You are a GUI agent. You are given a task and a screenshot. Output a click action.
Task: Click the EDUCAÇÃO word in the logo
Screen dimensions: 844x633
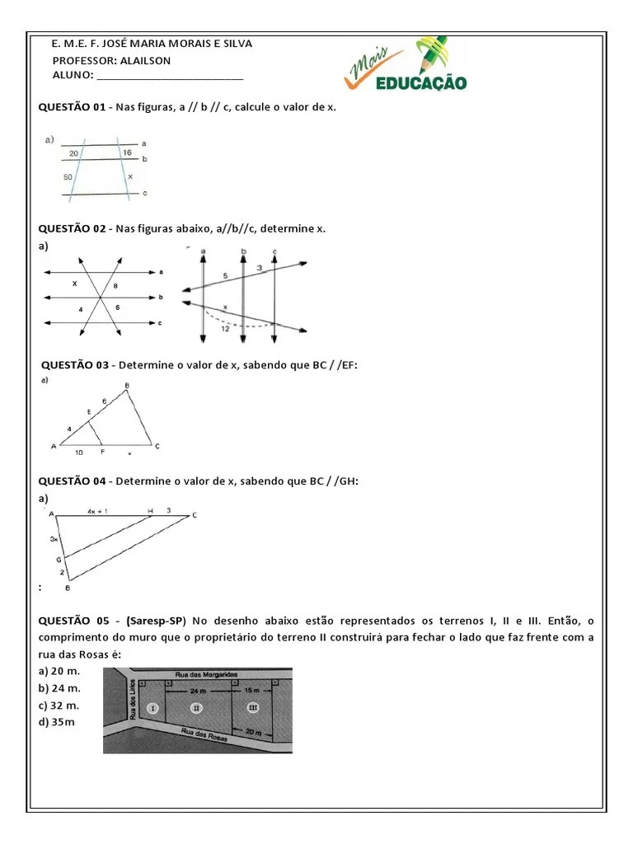[421, 82]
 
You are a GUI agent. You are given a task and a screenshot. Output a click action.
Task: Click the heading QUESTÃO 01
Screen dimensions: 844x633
[73, 108]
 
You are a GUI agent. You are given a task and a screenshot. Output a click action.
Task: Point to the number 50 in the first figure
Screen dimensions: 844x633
[68, 177]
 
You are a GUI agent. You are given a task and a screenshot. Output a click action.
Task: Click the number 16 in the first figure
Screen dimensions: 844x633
[126, 152]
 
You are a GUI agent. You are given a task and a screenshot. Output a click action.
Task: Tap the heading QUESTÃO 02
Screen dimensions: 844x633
[73, 228]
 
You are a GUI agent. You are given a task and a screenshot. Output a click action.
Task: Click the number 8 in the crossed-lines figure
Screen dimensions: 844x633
[115, 285]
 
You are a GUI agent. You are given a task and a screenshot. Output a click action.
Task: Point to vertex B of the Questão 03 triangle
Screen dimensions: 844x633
[127, 386]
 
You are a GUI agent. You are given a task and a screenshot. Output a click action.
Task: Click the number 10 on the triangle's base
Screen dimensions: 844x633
[77, 452]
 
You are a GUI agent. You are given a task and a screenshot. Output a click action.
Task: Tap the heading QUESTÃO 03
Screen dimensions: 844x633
[75, 364]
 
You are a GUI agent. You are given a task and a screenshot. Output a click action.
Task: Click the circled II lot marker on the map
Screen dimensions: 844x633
[195, 708]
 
